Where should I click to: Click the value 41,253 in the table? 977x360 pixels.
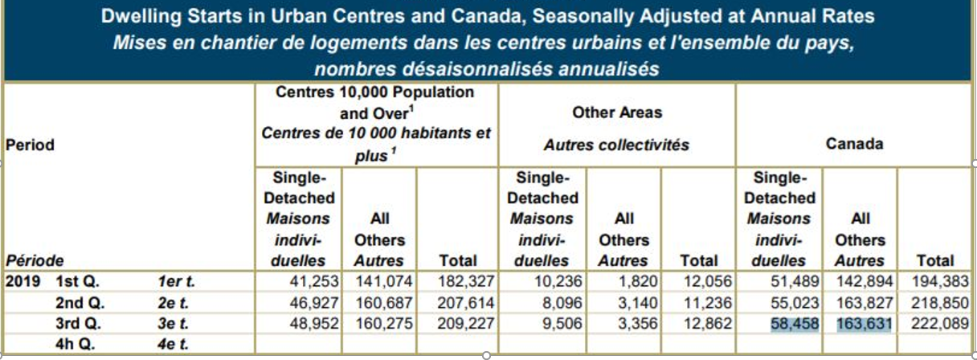pos(315,281)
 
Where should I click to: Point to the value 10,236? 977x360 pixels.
pos(554,281)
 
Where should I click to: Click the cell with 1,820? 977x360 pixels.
pos(641,281)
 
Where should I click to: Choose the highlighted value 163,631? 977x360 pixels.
pos(862,323)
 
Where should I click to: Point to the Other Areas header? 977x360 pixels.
pos(617,113)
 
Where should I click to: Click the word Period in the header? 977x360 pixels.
pos(30,145)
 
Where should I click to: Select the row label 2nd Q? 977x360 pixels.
pos(81,302)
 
